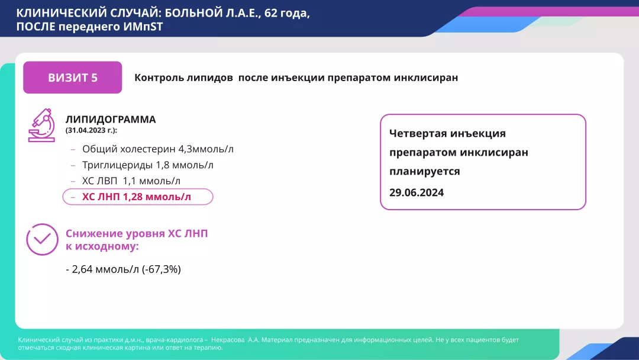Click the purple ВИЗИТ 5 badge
coord(73,78)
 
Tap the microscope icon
coord(41,125)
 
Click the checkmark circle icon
coord(42,239)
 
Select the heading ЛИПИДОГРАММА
coord(111,120)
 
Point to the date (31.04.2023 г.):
coord(91,130)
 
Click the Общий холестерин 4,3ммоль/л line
coord(157,149)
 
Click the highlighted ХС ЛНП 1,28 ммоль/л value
coord(137,197)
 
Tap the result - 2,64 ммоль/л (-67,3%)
coord(123,269)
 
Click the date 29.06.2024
coord(417,192)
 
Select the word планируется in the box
coord(425,171)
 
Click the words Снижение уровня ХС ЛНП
coord(137,234)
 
